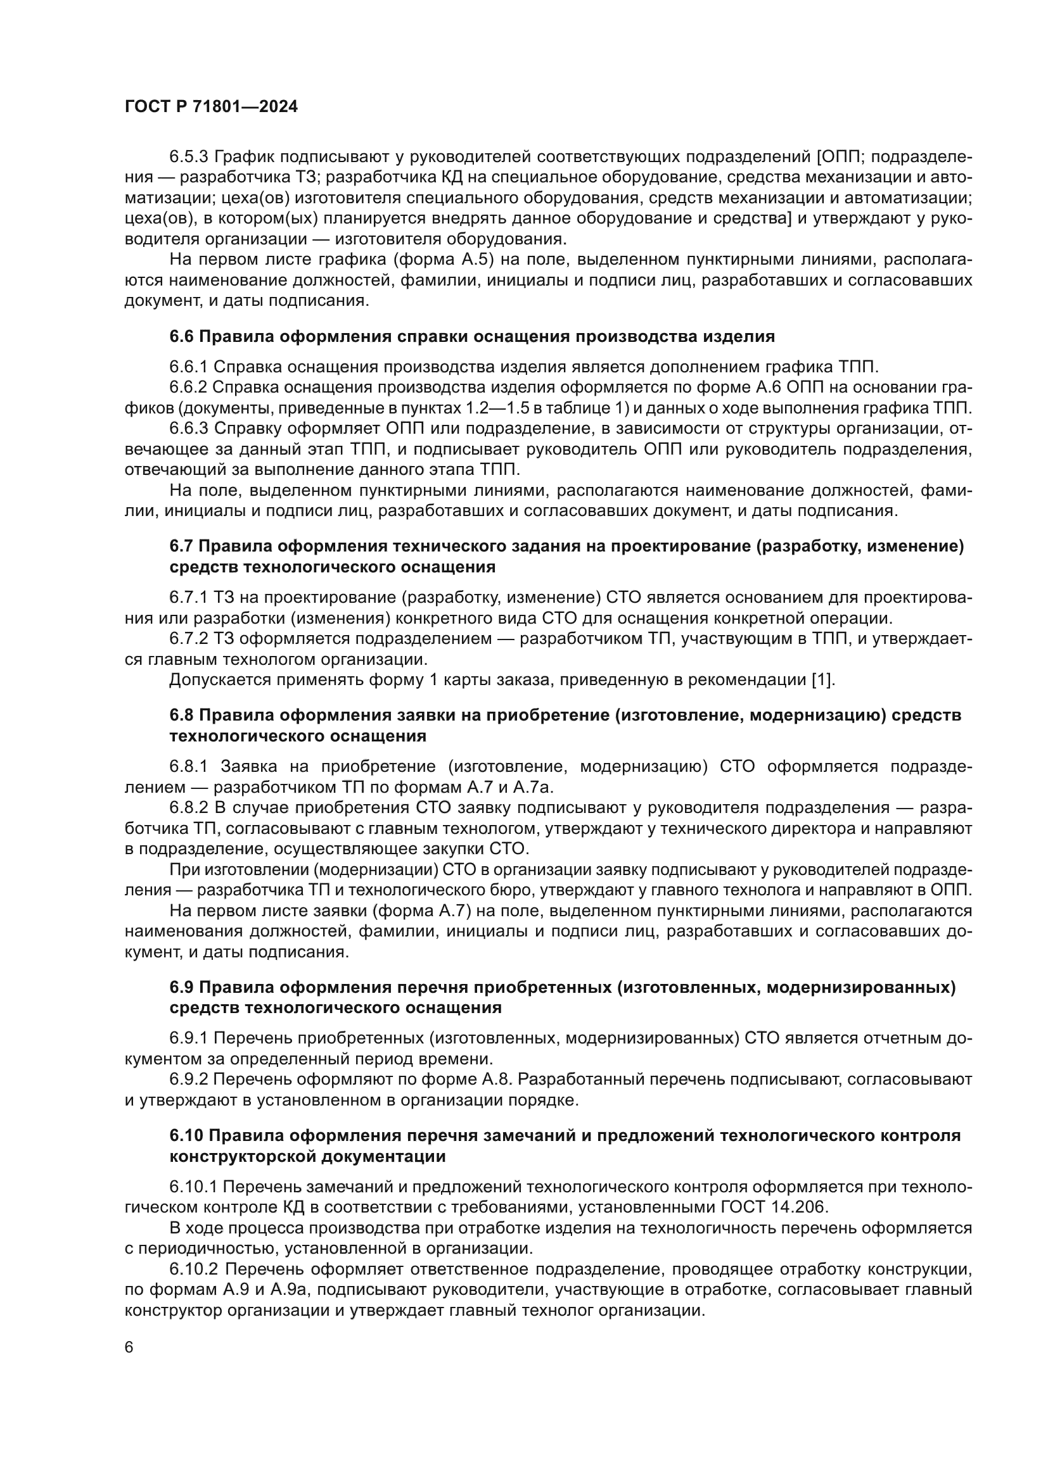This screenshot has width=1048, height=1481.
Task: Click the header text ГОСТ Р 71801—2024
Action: click(211, 107)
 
